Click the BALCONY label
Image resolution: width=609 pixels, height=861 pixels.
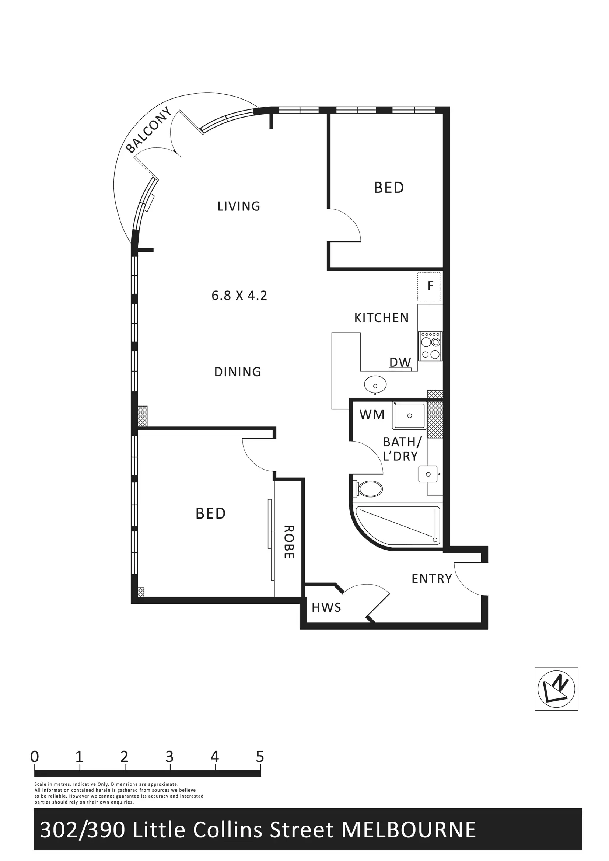(x=148, y=130)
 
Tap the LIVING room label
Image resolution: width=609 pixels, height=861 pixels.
(x=239, y=206)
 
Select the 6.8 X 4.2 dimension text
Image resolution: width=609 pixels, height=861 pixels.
(x=239, y=296)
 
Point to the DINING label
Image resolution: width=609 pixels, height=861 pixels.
(x=237, y=372)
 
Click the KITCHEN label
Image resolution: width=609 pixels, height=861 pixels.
(x=381, y=318)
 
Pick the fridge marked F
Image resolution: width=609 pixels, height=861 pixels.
(x=429, y=287)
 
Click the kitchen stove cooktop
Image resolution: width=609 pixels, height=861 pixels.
(x=430, y=346)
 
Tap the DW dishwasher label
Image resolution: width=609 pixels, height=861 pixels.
(x=400, y=362)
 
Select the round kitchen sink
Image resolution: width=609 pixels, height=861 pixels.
(x=375, y=385)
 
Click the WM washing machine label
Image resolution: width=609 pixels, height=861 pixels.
(x=372, y=415)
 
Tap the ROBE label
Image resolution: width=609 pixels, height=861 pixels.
(x=288, y=542)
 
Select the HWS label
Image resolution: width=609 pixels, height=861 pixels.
(x=326, y=607)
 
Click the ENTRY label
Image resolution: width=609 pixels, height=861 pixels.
(x=432, y=579)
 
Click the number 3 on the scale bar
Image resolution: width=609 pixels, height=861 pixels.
(x=169, y=757)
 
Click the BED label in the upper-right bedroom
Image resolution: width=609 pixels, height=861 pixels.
(x=389, y=188)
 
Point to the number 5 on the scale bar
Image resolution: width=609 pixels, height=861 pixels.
(x=260, y=757)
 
